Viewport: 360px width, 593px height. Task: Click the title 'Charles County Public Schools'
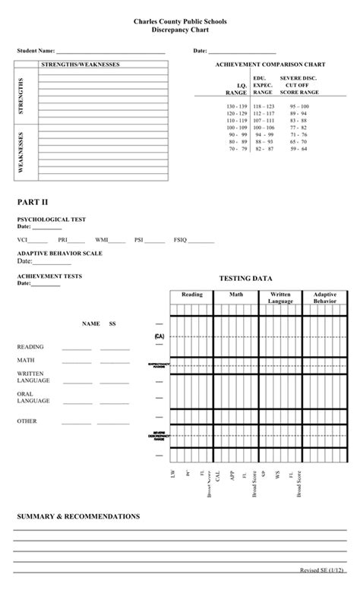[179, 24]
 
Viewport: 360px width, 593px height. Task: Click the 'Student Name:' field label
[36, 50]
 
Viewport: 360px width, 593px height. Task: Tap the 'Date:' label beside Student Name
[201, 50]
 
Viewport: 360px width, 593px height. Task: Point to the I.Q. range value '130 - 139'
[236, 106]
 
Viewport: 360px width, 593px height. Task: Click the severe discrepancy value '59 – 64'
[298, 149]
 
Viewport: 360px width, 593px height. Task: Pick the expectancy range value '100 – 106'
[264, 128]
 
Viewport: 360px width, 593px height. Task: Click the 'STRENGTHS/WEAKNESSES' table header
[80, 65]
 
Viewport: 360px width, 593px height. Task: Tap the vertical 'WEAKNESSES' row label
[21, 152]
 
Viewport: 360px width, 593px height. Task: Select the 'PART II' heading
[33, 202]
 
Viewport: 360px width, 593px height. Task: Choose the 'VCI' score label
[23, 239]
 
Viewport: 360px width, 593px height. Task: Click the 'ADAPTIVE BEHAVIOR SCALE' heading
[60, 253]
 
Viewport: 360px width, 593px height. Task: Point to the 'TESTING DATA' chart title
[245, 279]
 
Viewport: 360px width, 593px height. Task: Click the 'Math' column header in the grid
[236, 294]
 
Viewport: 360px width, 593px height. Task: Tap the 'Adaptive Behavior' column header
[325, 297]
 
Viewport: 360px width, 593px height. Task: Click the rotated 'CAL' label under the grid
[219, 477]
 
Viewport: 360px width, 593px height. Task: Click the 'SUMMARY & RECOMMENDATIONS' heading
[78, 516]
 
